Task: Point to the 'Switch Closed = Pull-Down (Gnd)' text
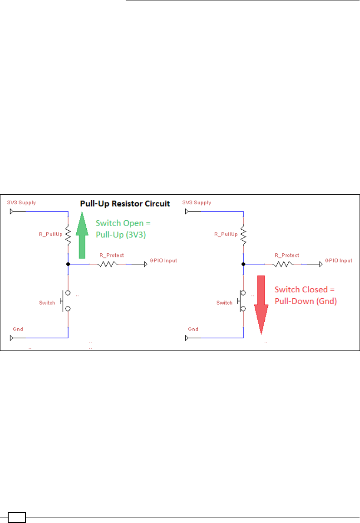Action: click(x=305, y=295)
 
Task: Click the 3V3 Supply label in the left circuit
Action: click(x=21, y=202)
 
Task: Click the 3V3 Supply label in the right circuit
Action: click(x=196, y=202)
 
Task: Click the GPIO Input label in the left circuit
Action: click(x=163, y=261)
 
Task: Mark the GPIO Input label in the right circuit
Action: click(x=339, y=261)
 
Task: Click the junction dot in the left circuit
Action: click(x=68, y=263)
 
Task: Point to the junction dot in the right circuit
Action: click(x=243, y=263)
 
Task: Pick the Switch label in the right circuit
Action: click(x=224, y=302)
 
